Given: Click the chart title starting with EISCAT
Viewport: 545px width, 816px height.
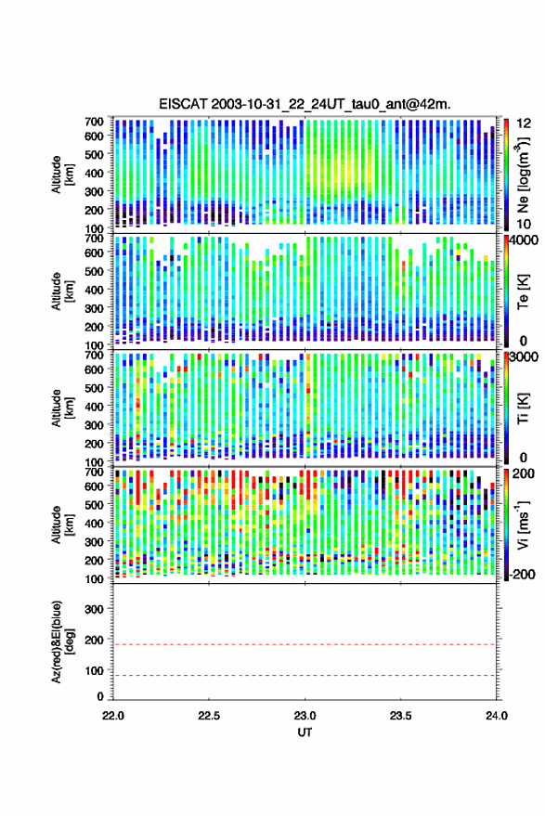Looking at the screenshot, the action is [305, 104].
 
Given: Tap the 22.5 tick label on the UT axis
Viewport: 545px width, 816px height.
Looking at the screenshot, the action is [209, 716].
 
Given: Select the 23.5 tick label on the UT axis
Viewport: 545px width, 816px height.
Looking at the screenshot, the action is [400, 716].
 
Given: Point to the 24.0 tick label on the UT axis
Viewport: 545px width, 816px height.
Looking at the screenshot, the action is [496, 716].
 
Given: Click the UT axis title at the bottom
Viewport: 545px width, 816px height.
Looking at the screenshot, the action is [305, 732].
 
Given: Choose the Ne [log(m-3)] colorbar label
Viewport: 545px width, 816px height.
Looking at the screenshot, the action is [523, 175].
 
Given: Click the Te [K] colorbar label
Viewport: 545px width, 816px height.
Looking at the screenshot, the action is [523, 291].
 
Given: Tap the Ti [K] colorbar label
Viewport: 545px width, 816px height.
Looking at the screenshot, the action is [523, 408].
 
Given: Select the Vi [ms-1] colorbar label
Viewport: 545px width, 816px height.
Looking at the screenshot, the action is [523, 525].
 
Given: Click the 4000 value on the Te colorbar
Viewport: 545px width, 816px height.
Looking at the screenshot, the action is [523, 240].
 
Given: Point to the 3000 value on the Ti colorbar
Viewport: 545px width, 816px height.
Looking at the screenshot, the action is [523, 357].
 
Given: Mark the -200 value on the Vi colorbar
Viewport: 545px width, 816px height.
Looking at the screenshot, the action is [522, 574].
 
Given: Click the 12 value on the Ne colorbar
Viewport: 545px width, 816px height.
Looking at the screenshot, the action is [524, 123].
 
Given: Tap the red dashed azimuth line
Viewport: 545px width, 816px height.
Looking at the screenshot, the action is [305, 644].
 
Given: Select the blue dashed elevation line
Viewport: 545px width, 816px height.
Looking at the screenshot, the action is [305, 676].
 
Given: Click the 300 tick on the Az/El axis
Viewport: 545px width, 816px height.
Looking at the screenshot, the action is [94, 609].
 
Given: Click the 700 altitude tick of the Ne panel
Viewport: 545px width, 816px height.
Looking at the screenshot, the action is [94, 122].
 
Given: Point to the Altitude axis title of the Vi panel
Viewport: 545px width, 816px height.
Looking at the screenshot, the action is [62, 525].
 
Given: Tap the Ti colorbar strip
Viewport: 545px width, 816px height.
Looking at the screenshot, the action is [506, 408].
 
